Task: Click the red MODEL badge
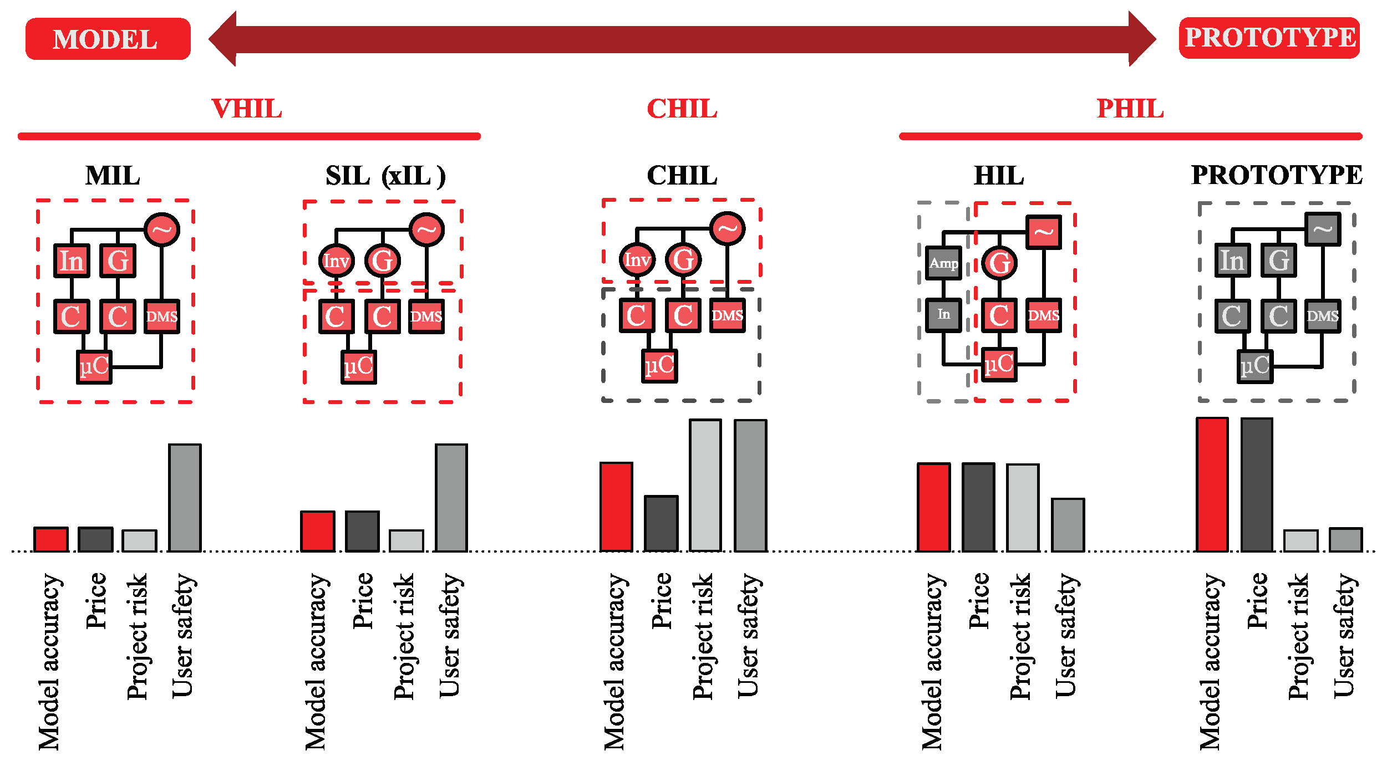point(108,39)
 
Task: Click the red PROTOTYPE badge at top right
point(1269,38)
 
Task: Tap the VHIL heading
point(247,109)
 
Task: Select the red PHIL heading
point(1130,109)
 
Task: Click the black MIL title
point(113,176)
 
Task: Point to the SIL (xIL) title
point(385,176)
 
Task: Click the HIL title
point(999,176)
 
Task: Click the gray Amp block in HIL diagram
point(943,263)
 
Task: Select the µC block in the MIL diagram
point(94,366)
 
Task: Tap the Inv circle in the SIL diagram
point(336,261)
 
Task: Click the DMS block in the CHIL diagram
point(727,315)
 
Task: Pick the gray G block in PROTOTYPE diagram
point(1278,260)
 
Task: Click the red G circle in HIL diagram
point(999,263)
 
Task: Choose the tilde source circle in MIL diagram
point(161,229)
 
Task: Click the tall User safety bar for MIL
point(185,497)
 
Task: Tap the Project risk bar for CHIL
point(705,485)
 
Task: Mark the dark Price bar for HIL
point(978,507)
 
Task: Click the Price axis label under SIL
point(363,601)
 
